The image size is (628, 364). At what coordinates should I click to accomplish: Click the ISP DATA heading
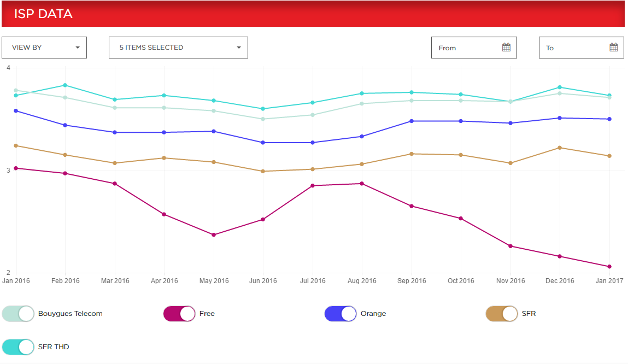pyautogui.click(x=43, y=14)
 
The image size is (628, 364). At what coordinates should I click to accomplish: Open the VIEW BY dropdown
pyautogui.click(x=44, y=48)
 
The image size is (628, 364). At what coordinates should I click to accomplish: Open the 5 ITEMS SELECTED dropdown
pyautogui.click(x=178, y=48)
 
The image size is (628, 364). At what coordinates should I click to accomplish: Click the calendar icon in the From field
pyautogui.click(x=506, y=48)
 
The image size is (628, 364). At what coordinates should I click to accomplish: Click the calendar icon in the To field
pyautogui.click(x=614, y=48)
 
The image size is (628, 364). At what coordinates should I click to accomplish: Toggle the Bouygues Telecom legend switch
pyautogui.click(x=18, y=314)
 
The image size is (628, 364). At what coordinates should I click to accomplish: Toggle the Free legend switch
pyautogui.click(x=179, y=314)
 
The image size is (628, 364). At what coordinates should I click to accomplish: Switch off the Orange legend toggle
pyautogui.click(x=341, y=314)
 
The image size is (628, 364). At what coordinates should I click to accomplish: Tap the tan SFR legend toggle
pyautogui.click(x=502, y=314)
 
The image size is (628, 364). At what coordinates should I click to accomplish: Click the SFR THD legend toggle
pyautogui.click(x=18, y=347)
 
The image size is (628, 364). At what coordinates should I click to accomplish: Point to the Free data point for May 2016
pyautogui.click(x=214, y=235)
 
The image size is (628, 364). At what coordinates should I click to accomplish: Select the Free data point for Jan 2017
pyautogui.click(x=609, y=267)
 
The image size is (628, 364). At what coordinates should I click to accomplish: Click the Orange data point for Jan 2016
pyautogui.click(x=16, y=111)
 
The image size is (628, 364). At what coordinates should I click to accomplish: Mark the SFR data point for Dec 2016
pyautogui.click(x=560, y=148)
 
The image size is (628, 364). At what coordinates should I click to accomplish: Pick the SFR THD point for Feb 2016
pyautogui.click(x=66, y=85)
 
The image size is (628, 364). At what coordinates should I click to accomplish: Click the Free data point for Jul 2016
pyautogui.click(x=313, y=186)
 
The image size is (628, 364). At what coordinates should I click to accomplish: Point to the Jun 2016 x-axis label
pyautogui.click(x=263, y=281)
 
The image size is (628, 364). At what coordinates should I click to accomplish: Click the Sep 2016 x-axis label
pyautogui.click(x=412, y=281)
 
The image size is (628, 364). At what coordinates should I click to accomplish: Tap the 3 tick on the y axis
pyautogui.click(x=8, y=171)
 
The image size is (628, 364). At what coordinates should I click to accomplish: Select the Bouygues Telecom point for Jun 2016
pyautogui.click(x=263, y=119)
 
